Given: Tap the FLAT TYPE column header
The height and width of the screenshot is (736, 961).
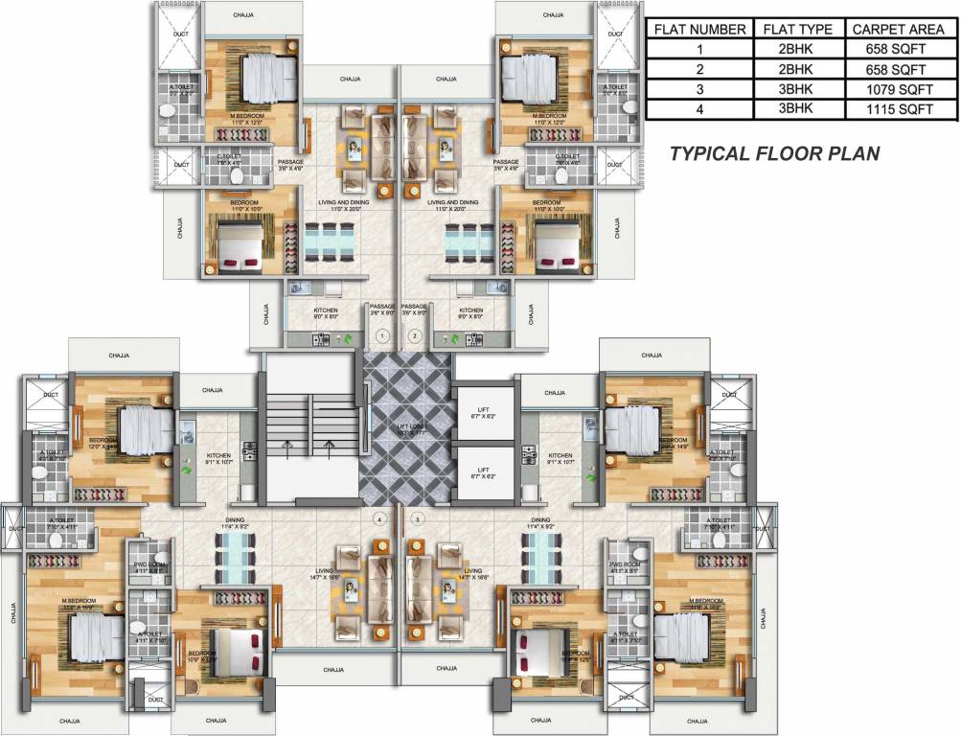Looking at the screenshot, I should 797,29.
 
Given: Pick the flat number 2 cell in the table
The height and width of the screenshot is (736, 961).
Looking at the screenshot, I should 699,69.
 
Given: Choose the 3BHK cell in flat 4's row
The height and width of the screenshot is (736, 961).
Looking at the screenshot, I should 797,109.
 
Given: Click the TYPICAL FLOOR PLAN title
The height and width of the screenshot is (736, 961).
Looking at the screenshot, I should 774,153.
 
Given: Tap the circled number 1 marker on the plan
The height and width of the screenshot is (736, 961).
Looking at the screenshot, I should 381,336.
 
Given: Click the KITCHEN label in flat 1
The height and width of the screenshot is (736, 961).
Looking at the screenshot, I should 326,310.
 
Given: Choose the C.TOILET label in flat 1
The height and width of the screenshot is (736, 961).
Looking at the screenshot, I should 229,156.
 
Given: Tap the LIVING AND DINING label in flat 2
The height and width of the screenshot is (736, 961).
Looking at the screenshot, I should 452,202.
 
